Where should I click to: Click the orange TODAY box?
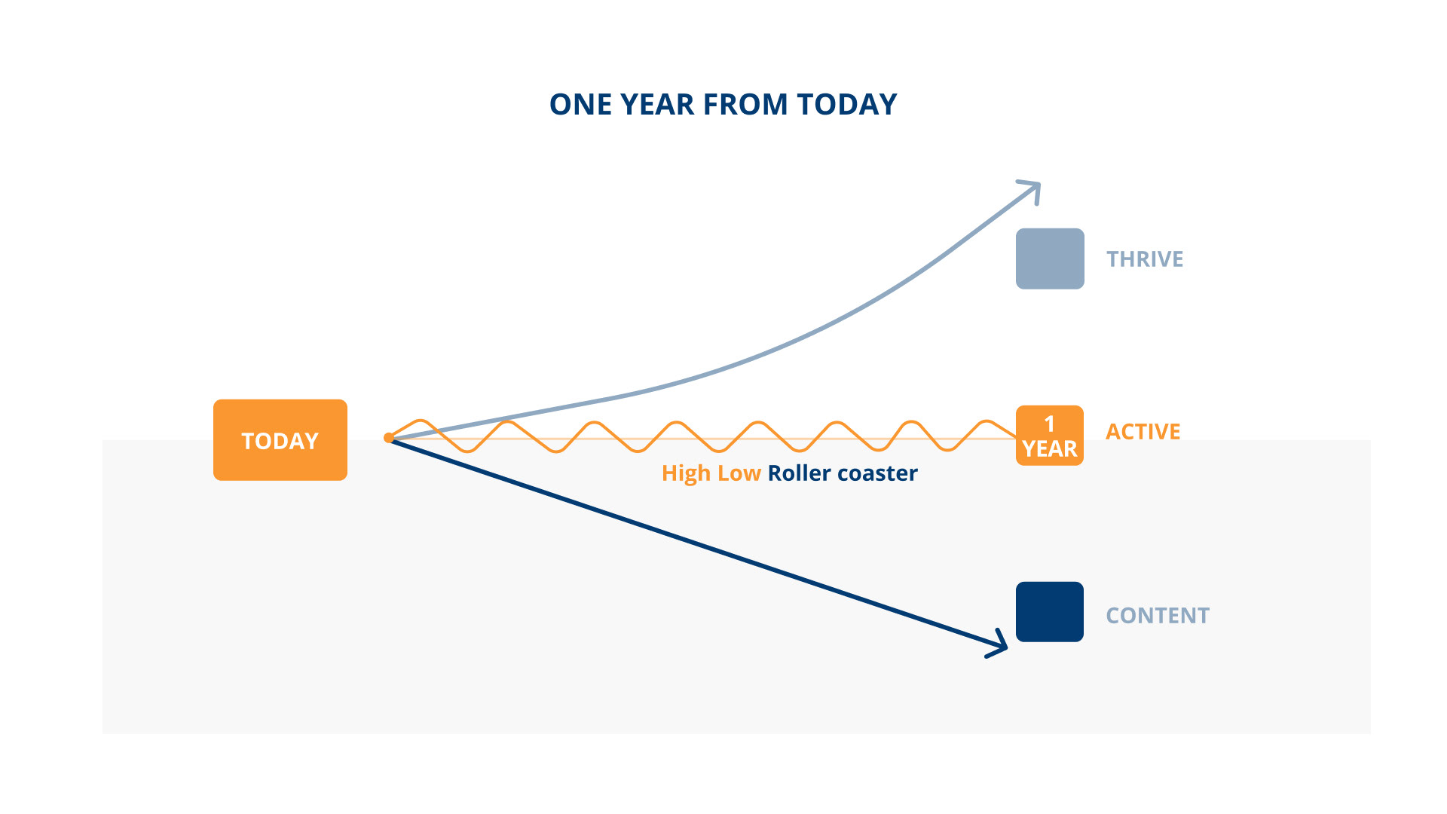(280, 440)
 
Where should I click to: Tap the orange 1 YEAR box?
(1050, 436)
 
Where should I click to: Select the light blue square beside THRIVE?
(1050, 259)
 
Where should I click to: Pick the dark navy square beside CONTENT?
(1050, 612)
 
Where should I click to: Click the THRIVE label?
(1145, 259)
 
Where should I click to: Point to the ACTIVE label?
(1143, 432)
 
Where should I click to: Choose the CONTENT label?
(1158, 616)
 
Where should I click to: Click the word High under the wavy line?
(686, 473)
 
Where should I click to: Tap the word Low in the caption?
(739, 473)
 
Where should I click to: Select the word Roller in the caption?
(800, 473)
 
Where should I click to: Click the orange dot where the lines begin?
(389, 438)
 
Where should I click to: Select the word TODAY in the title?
(847, 105)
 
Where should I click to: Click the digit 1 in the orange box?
(1050, 424)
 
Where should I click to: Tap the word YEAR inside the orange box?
(1050, 449)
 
